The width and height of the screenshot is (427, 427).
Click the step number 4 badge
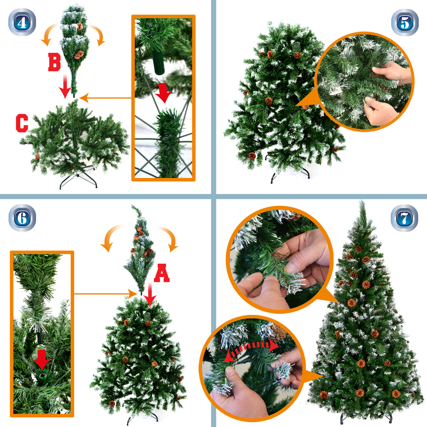click(x=22, y=22)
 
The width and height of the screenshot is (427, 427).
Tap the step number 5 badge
click(x=405, y=22)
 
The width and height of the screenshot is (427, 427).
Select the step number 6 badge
click(x=22, y=218)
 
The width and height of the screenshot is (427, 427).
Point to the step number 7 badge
click(x=405, y=218)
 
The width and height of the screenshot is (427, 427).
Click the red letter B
click(x=54, y=62)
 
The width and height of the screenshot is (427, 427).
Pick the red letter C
click(x=22, y=123)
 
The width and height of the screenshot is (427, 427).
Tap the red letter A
click(x=162, y=273)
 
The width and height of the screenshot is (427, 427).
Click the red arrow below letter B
click(x=65, y=86)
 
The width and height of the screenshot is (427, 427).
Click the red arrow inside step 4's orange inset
click(x=163, y=92)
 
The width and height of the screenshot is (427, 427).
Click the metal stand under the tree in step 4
click(x=78, y=177)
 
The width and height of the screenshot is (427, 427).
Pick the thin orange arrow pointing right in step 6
click(x=106, y=294)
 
